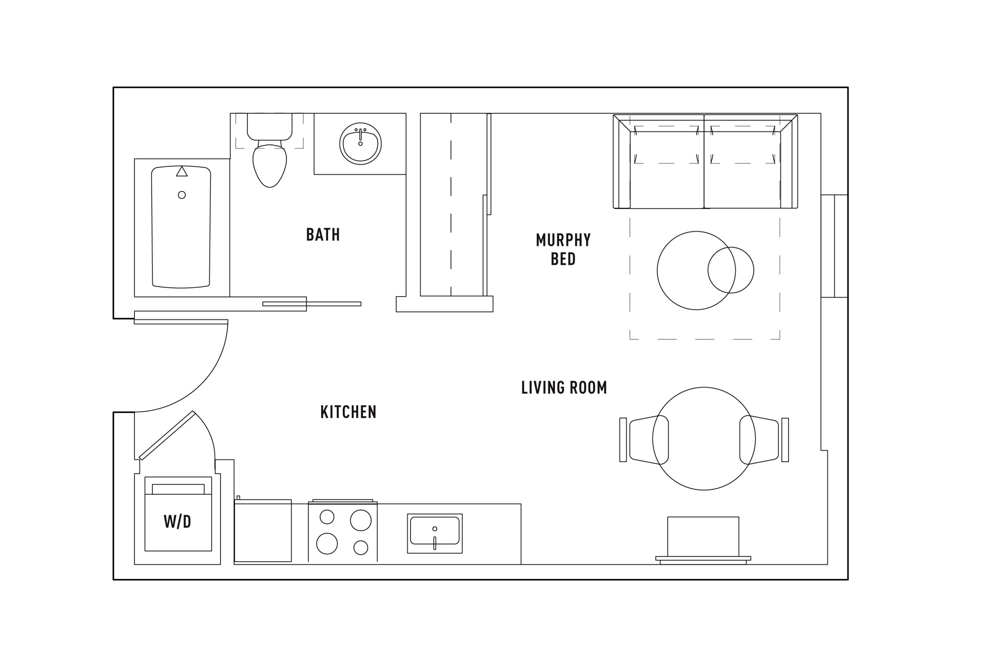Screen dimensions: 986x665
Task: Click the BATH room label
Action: pyautogui.click(x=323, y=235)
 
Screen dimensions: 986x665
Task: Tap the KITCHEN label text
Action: pyautogui.click(x=348, y=412)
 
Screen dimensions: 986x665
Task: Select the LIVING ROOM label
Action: pyautogui.click(x=563, y=388)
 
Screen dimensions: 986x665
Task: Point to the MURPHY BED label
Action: pyautogui.click(x=563, y=250)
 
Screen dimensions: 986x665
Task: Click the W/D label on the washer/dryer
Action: pyautogui.click(x=177, y=522)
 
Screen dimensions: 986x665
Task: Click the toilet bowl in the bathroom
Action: pyautogui.click(x=270, y=166)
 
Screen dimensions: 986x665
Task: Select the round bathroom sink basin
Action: pyautogui.click(x=361, y=144)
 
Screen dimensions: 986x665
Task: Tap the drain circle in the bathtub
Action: pyautogui.click(x=182, y=195)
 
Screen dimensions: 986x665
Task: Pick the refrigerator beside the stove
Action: pyautogui.click(x=263, y=531)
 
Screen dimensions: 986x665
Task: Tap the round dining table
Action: pyautogui.click(x=704, y=439)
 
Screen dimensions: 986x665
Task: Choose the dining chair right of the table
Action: pyautogui.click(x=764, y=440)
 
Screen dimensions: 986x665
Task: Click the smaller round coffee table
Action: pyautogui.click(x=731, y=270)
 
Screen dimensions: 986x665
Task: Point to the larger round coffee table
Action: pyautogui.click(x=696, y=271)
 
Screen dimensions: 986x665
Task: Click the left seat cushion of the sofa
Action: pyautogui.click(x=667, y=170)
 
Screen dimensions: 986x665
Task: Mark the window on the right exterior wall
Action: pyautogui.click(x=834, y=246)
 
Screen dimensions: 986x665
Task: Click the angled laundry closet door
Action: pyautogui.click(x=167, y=436)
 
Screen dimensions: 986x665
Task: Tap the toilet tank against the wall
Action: pyautogui.click(x=270, y=126)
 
